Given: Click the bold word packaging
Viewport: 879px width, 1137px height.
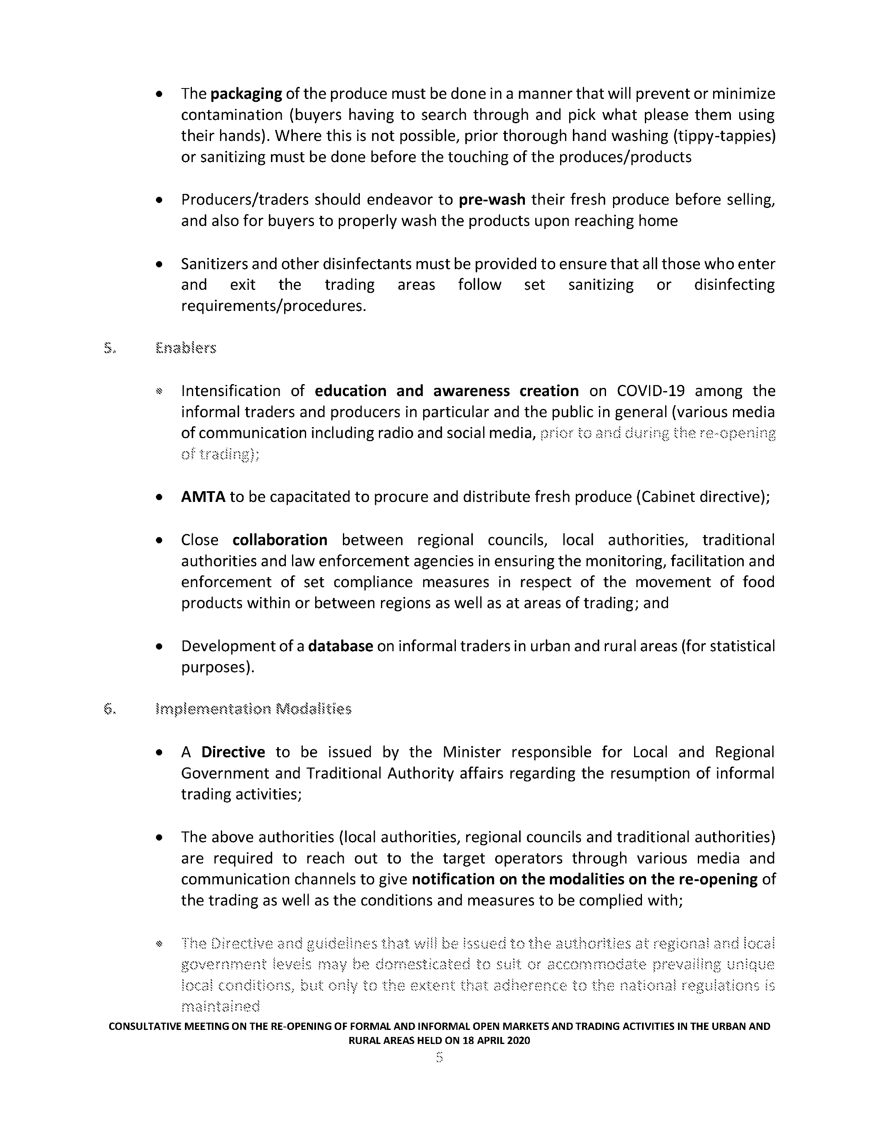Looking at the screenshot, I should pos(246,94).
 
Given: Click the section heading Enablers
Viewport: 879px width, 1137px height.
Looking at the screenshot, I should pos(185,348).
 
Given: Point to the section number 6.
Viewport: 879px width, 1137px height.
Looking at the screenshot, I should pos(109,709).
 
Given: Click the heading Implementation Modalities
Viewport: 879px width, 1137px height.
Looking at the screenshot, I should pos(253,709).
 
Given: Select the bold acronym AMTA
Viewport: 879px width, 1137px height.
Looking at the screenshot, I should pos(203,497).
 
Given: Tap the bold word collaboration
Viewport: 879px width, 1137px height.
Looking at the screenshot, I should pos(280,540).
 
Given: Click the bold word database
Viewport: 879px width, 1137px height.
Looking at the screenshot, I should pos(340,646).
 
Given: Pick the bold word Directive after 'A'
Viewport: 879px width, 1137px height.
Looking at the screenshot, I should pos(233,752).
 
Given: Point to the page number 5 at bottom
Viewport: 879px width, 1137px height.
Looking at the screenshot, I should pos(439,1057).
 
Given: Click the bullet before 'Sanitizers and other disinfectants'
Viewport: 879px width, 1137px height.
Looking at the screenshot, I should pos(159,265).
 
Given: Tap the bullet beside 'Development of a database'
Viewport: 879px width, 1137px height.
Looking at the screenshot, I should pos(159,647).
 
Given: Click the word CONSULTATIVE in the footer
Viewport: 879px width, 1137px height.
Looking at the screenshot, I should pos(145,1027).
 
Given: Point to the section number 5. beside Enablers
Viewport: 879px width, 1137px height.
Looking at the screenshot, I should pos(109,348).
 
